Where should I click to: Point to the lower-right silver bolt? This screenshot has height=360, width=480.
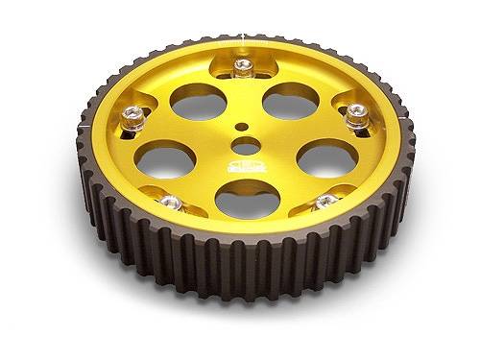325,201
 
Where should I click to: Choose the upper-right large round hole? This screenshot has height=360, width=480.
289,101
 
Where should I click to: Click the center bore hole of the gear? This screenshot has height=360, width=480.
244,147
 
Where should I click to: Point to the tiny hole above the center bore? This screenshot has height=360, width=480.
244,124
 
